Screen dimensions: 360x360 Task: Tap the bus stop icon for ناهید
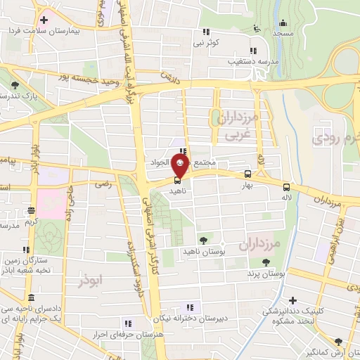176,179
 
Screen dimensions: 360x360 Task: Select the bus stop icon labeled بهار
247,174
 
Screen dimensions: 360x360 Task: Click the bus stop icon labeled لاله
285,187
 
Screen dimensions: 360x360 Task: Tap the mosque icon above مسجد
283,22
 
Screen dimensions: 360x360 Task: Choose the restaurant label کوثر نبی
210,42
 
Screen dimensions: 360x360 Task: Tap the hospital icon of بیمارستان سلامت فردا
45,19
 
